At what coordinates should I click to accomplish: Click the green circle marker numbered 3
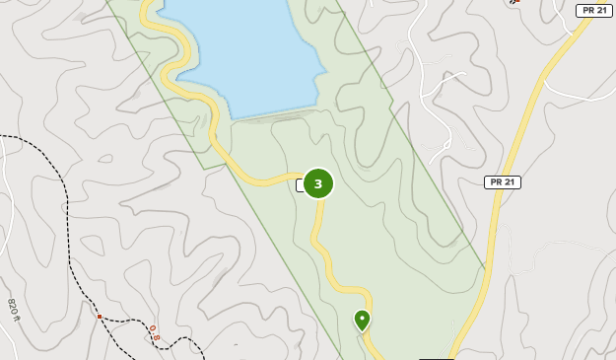(317, 183)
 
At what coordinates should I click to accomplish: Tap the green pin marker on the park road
(362, 321)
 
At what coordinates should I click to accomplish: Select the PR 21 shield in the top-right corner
(593, 10)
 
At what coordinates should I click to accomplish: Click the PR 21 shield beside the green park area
(502, 182)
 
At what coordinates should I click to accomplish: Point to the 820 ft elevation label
(14, 310)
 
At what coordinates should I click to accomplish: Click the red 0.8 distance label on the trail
(155, 332)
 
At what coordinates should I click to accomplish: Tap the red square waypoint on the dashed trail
(99, 317)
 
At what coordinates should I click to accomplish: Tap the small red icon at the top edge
(512, 3)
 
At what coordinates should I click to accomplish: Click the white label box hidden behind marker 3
(300, 184)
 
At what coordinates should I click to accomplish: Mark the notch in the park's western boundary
(205, 169)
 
